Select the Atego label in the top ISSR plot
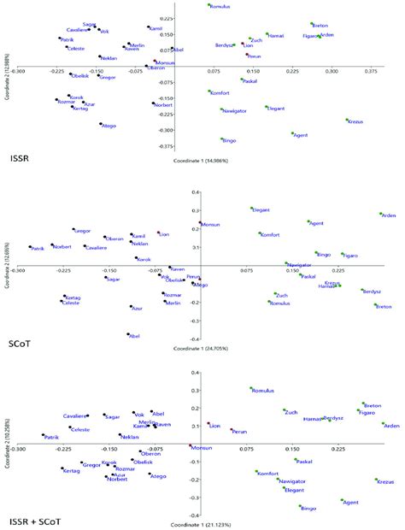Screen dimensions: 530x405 coord(109,127)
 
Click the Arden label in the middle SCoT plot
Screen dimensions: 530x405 coord(390,215)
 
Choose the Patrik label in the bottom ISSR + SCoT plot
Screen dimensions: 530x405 coord(51,437)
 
